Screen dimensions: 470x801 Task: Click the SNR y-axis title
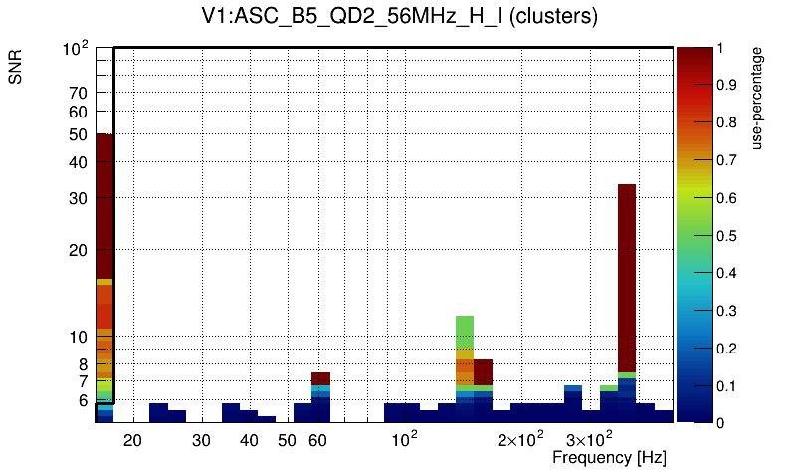[x=16, y=69]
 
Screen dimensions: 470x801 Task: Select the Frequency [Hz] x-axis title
[x=609, y=457]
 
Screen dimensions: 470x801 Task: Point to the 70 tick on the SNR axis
[x=79, y=93]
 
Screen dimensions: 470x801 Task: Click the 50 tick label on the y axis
[x=79, y=135]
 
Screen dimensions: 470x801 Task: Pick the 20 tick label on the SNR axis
[x=79, y=250]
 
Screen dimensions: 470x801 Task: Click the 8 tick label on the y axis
[x=83, y=364]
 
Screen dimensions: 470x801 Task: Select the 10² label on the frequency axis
[x=403, y=439]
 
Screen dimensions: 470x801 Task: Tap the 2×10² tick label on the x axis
[x=519, y=439]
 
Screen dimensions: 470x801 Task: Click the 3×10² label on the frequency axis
[x=589, y=439]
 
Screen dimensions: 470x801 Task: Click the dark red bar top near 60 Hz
[x=320, y=378]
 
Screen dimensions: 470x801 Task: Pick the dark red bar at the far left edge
[x=104, y=199]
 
